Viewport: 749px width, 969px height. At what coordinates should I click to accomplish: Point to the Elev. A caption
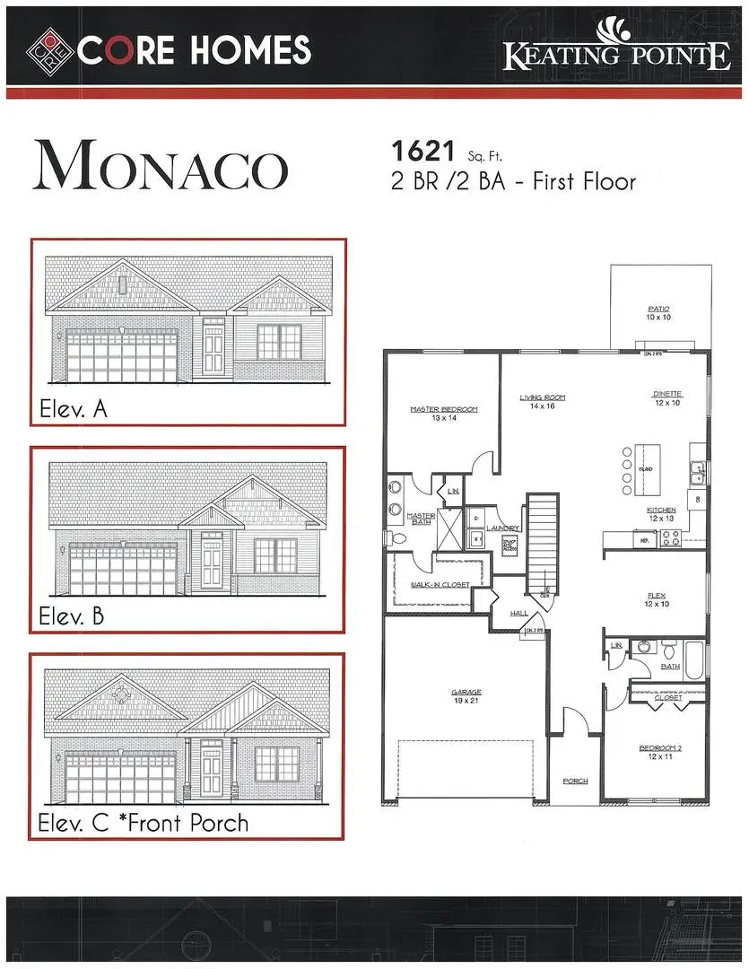74,409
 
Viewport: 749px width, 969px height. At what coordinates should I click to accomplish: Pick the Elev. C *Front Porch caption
144,822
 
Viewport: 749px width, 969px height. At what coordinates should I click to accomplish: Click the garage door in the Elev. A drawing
122,356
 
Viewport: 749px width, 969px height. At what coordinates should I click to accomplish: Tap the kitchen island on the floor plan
645,469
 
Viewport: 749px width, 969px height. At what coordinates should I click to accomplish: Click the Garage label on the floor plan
466,693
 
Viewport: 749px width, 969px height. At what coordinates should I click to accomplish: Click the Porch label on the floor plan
575,781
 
